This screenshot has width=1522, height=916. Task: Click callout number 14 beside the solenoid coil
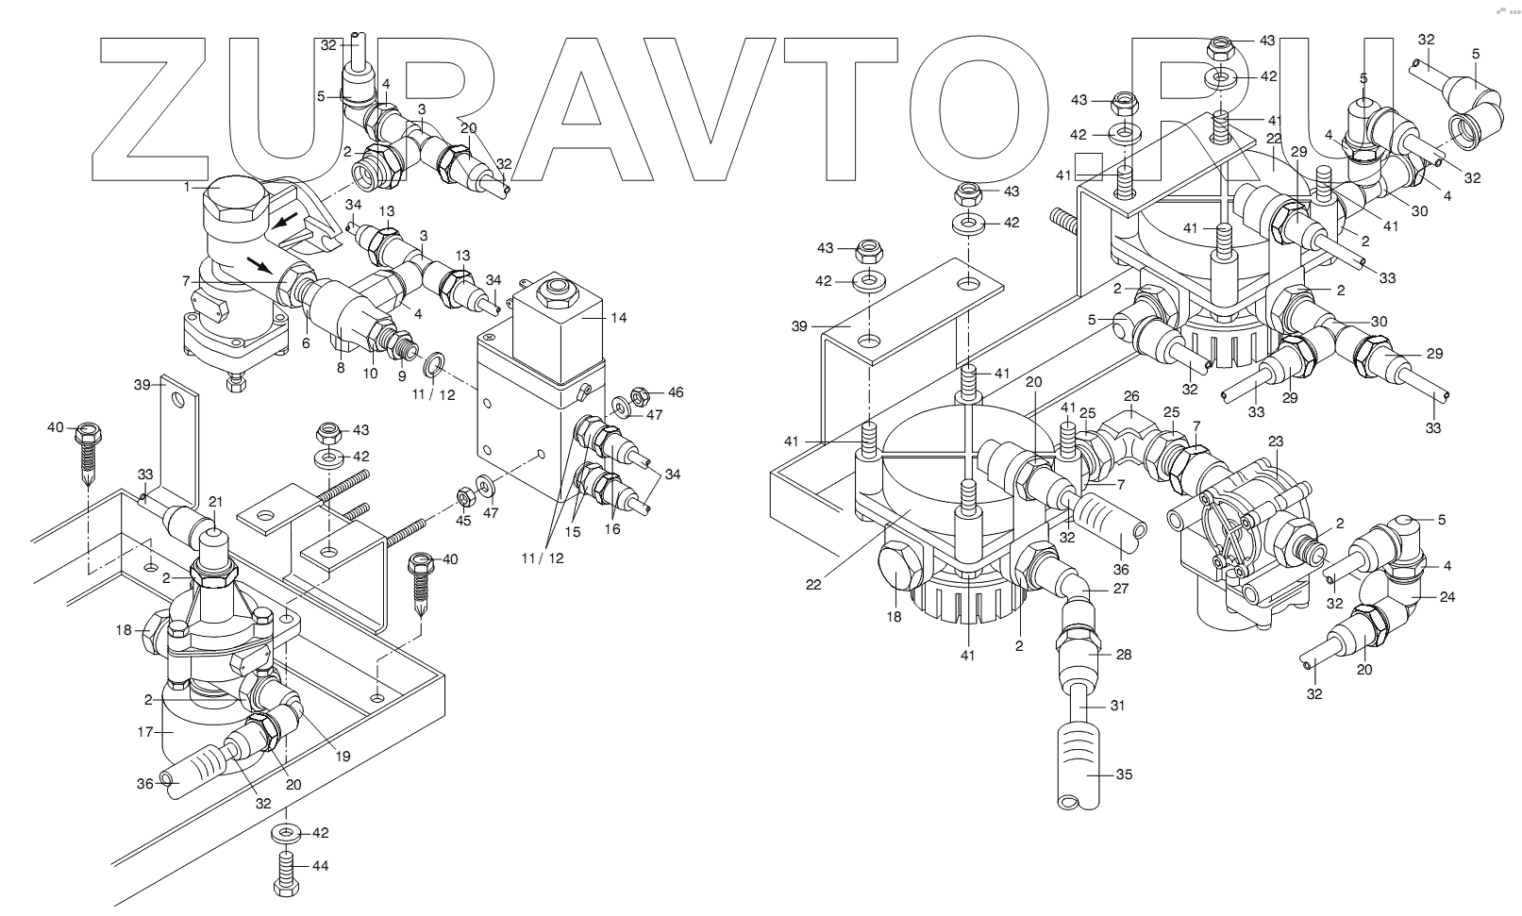click(x=617, y=318)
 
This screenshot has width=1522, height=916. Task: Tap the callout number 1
click(x=187, y=187)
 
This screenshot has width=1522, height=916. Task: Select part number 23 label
click(x=1276, y=441)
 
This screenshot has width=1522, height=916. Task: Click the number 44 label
click(x=320, y=866)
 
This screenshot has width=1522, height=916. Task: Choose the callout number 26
click(x=1131, y=396)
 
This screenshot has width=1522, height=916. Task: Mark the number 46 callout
click(x=675, y=392)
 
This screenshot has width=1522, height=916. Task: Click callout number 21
click(x=215, y=502)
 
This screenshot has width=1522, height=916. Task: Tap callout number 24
click(x=1447, y=596)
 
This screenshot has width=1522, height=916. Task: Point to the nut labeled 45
click(x=465, y=496)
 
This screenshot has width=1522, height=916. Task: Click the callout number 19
click(x=343, y=755)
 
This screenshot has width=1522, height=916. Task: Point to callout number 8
click(x=341, y=369)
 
